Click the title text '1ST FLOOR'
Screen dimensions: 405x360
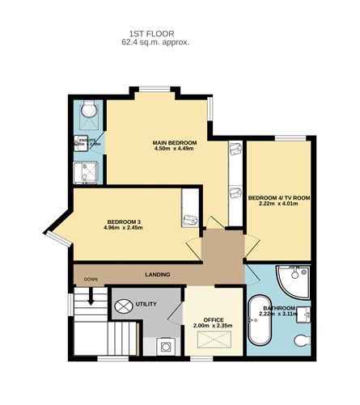(155, 34)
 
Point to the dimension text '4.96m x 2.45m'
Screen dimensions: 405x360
(123, 228)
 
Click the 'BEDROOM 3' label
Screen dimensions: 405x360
(123, 221)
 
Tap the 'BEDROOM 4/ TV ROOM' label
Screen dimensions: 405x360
(279, 197)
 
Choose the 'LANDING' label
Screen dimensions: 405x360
(158, 275)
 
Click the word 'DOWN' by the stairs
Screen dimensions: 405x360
(91, 280)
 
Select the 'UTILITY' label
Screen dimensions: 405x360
(146, 305)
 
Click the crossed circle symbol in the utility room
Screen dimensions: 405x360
(124, 306)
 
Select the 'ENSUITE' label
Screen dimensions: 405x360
(87, 141)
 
